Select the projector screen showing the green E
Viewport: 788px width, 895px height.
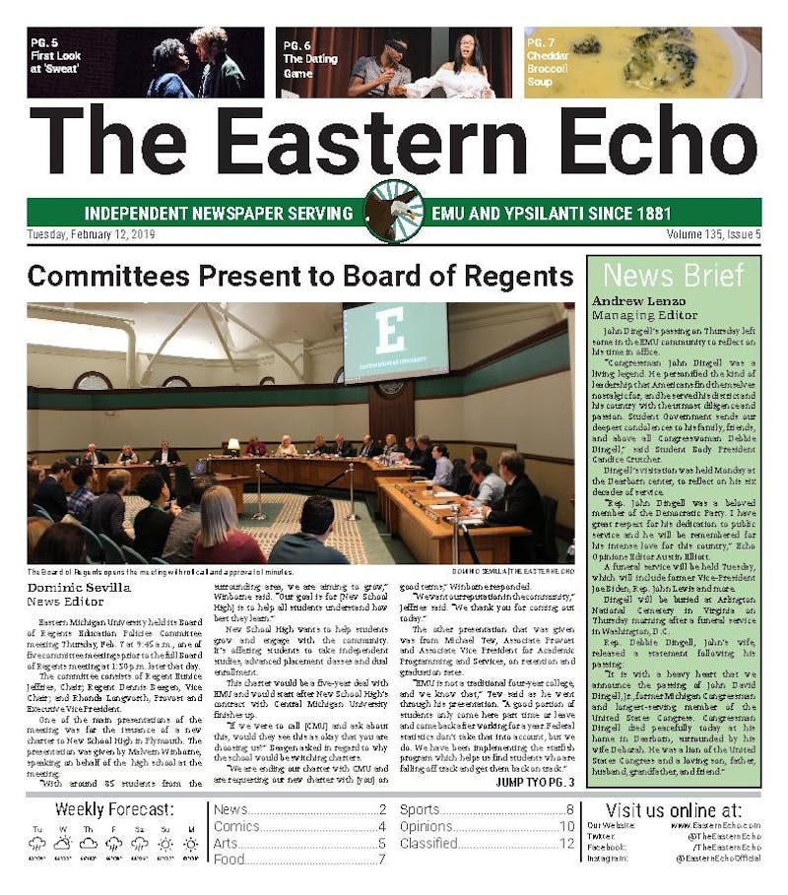[395, 341]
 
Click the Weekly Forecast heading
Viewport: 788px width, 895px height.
[114, 809]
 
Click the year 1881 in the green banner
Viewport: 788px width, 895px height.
[646, 213]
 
